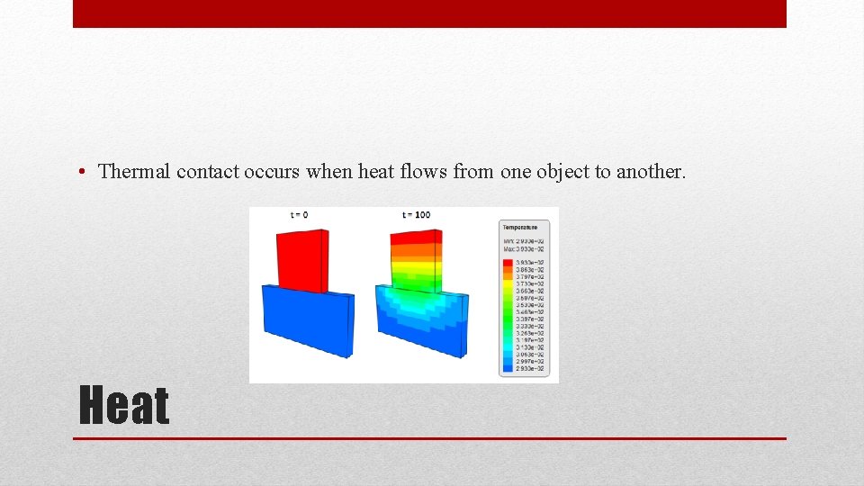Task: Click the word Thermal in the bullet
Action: click(x=134, y=171)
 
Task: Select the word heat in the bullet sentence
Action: click(x=376, y=171)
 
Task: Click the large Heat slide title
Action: click(x=124, y=405)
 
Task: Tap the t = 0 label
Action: click(x=299, y=214)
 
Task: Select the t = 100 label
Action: click(x=417, y=214)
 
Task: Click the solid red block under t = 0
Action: click(x=299, y=260)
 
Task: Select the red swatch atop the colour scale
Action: click(x=508, y=262)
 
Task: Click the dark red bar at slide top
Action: click(x=429, y=13)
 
